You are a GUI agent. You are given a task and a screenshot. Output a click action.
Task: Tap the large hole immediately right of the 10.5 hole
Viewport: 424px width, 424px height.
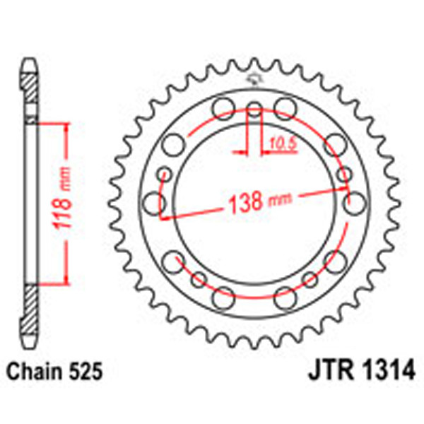pos(285,108)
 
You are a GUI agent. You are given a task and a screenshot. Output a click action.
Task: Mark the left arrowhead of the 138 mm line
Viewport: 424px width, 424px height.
pos(163,216)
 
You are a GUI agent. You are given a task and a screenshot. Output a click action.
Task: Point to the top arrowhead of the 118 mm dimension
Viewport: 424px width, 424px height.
pos(66,125)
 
